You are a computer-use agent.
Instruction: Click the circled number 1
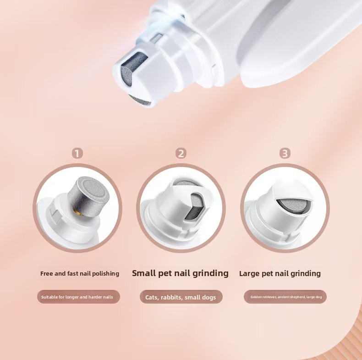point(77,154)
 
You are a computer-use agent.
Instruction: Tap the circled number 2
point(181,154)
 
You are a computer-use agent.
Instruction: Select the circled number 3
point(285,154)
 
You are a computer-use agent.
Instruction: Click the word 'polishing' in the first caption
point(105,274)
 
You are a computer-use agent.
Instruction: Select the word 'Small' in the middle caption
point(143,273)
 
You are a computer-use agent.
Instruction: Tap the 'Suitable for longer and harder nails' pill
point(78,297)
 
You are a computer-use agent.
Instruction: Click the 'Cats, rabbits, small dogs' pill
point(181,297)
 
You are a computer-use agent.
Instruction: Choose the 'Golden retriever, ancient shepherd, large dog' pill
point(285,297)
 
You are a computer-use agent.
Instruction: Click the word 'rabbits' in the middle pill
point(171,297)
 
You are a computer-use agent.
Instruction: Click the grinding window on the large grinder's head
point(133,68)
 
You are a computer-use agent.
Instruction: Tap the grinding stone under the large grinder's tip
point(140,100)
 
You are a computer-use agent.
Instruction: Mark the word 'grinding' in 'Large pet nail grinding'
point(306,274)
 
